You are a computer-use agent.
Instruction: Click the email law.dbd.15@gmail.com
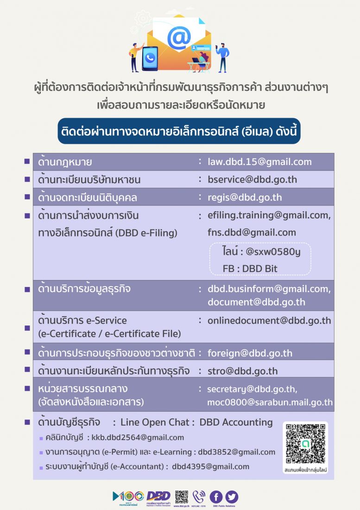[259, 162]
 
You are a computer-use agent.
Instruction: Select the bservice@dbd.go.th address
[252, 179]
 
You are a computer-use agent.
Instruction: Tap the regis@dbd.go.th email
[245, 198]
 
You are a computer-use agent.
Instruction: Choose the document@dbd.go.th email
[256, 302]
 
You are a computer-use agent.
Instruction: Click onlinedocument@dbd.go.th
[269, 320]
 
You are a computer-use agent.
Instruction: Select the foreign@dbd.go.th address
[250, 353]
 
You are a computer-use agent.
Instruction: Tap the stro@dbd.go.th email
[243, 371]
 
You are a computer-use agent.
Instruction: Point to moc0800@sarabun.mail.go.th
[270, 402]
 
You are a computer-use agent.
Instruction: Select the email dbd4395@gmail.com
[210, 466]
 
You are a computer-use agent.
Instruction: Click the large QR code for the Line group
[305, 443]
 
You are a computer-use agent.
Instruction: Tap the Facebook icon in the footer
[216, 497]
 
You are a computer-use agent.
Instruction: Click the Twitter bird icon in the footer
[232, 497]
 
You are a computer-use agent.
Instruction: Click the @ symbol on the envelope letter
[179, 38]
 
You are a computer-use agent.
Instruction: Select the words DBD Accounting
[236, 422]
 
